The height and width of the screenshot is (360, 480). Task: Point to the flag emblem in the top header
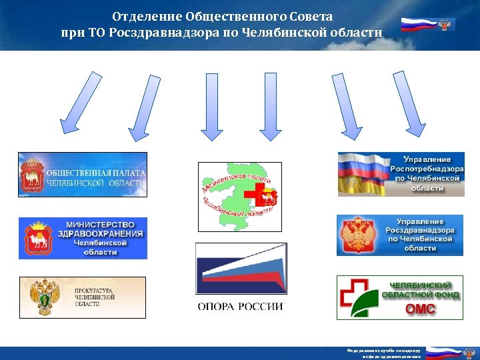coord(427,25)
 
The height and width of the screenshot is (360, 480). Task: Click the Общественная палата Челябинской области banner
coord(82,175)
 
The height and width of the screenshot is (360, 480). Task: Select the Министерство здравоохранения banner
coord(82,238)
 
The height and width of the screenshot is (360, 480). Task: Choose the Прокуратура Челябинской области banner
coord(82,297)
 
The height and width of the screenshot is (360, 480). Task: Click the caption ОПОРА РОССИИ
coord(240,307)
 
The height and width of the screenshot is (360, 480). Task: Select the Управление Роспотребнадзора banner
coord(401,174)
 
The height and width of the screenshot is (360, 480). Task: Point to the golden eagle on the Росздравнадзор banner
coord(355,235)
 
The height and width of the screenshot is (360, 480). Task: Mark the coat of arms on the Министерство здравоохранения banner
coord(39,238)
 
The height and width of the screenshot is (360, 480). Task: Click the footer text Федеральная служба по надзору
coord(382,351)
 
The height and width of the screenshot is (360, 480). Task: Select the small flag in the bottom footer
coord(443,353)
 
